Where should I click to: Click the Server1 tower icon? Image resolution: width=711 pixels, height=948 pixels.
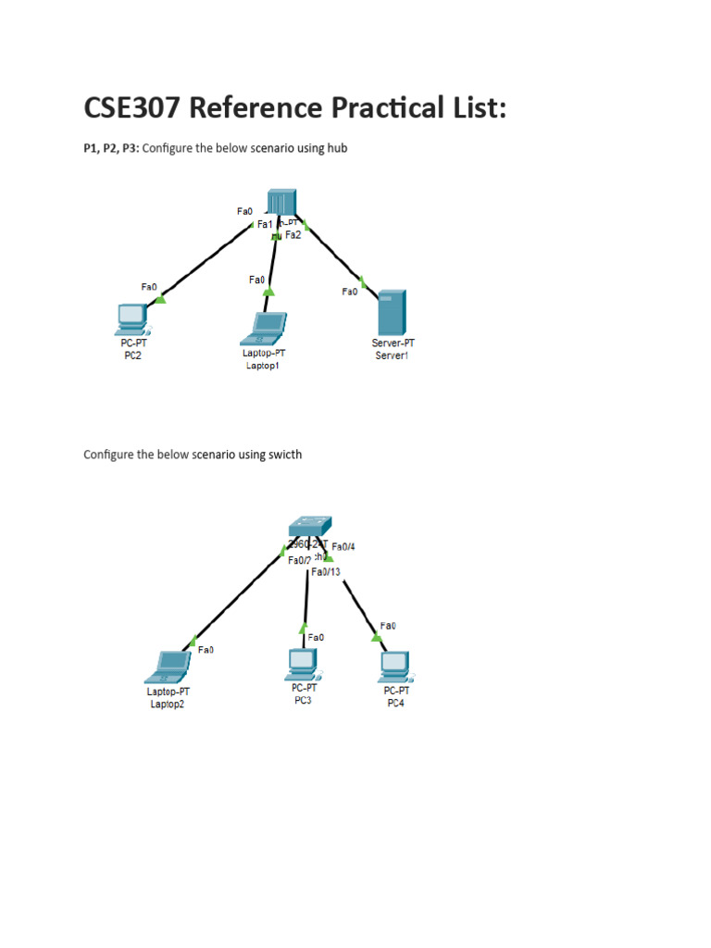(x=393, y=313)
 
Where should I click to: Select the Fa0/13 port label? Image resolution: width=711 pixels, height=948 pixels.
(x=326, y=572)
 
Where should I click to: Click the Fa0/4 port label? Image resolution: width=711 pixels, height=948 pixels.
(x=343, y=546)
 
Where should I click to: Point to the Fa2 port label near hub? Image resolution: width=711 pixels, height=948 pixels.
(x=293, y=235)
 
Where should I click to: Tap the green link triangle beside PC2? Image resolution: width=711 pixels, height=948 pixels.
(x=160, y=298)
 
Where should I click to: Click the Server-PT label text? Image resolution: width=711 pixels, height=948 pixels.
(x=393, y=343)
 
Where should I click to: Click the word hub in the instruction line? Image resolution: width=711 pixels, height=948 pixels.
(x=337, y=148)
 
